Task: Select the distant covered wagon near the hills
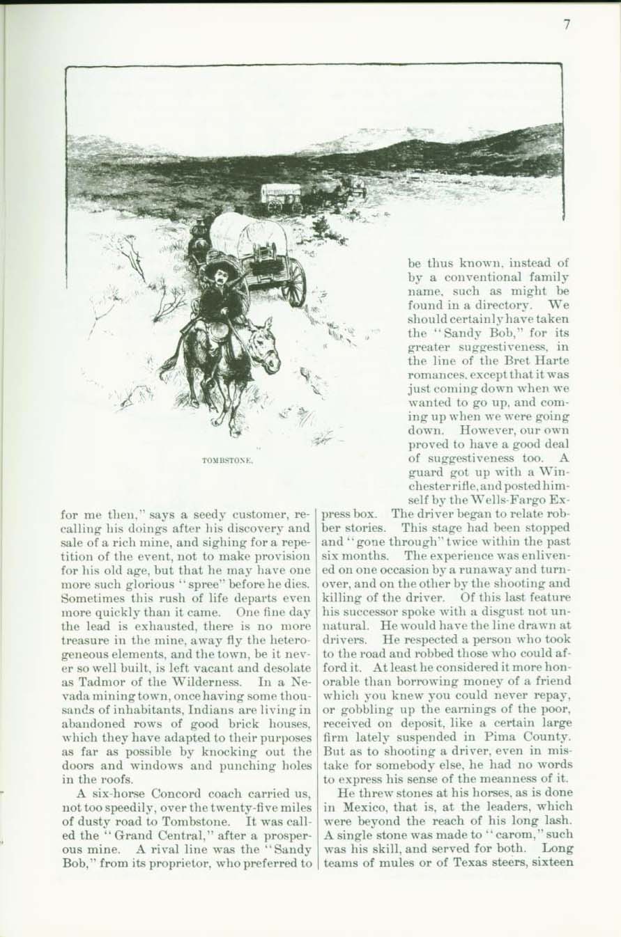click(x=281, y=197)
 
